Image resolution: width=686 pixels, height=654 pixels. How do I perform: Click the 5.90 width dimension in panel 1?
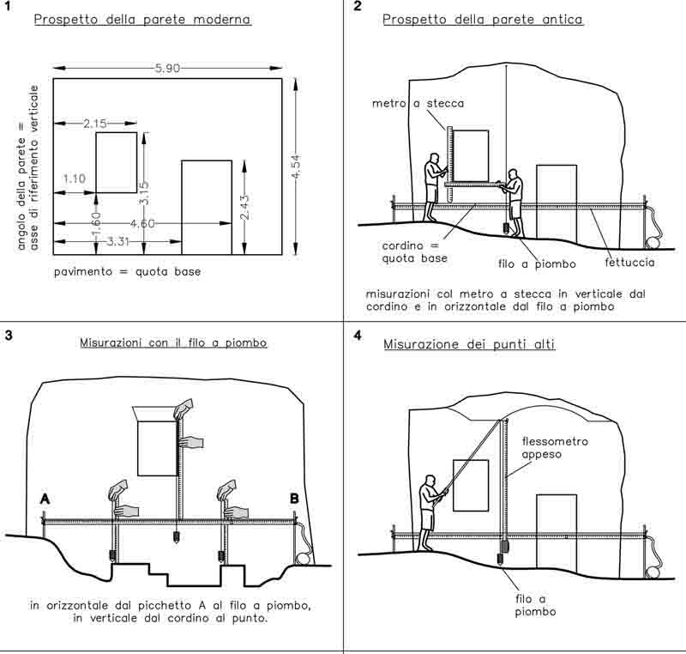[x=168, y=69]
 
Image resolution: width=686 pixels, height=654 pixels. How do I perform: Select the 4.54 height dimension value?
[x=297, y=165]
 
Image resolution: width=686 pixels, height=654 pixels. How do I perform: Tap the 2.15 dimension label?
[x=95, y=124]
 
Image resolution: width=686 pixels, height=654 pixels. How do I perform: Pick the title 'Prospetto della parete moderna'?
[x=142, y=18]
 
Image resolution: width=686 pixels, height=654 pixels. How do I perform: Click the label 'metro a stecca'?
[x=418, y=103]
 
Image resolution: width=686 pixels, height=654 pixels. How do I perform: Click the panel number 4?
[x=358, y=335]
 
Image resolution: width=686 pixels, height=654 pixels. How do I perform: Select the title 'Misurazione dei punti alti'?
[x=469, y=345]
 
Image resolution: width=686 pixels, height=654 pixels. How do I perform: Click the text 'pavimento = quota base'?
[x=127, y=272]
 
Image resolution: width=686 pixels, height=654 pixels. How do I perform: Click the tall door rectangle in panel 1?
[x=207, y=207]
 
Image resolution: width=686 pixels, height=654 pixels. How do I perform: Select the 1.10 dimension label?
[x=75, y=179]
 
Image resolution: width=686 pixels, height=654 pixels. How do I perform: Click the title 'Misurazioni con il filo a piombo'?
[x=174, y=342]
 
